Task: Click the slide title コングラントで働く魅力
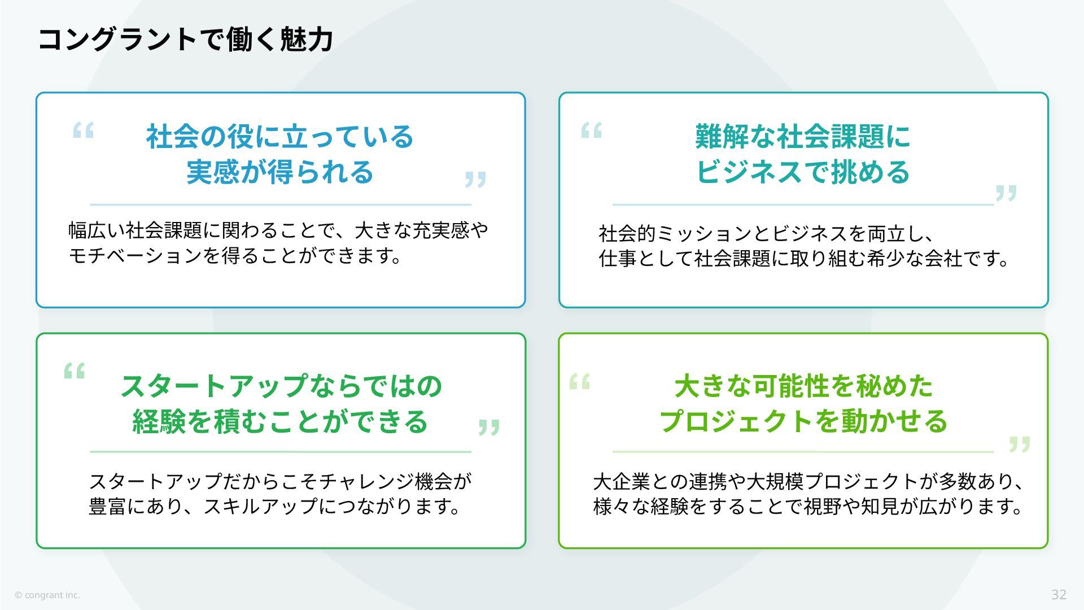point(185,40)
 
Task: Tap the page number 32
point(1059,594)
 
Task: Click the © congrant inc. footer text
point(47,595)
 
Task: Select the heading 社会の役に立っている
point(280,137)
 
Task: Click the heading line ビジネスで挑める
point(802,172)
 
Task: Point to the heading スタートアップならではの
point(281,386)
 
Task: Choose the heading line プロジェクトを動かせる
point(803,421)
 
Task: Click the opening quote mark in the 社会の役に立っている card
point(84,130)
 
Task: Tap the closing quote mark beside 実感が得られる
point(475,180)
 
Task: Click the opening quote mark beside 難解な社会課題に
point(592,130)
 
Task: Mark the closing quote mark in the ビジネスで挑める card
point(1006,193)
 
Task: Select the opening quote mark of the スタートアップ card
point(75,371)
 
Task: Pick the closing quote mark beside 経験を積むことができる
point(489,427)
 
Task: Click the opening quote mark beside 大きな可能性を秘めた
point(580,382)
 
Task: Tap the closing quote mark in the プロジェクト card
point(1020,444)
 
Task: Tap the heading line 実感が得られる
point(280,172)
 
